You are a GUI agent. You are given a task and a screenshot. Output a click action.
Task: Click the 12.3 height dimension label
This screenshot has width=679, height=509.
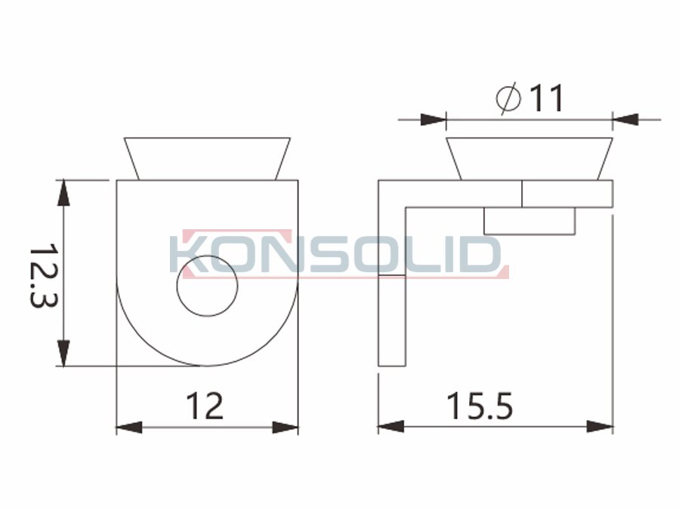click(x=43, y=275)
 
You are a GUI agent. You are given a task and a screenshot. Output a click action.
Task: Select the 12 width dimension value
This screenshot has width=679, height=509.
click(x=205, y=406)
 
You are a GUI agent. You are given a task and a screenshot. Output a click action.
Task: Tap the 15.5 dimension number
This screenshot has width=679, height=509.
click(x=479, y=406)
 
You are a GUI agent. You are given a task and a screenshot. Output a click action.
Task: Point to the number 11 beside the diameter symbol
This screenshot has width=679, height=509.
click(x=547, y=98)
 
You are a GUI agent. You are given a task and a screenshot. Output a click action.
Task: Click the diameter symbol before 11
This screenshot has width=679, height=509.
click(x=508, y=98)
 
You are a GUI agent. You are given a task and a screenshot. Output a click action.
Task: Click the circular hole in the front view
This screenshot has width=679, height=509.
click(x=207, y=286)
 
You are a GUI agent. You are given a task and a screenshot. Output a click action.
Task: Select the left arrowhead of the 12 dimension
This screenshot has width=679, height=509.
click(x=129, y=428)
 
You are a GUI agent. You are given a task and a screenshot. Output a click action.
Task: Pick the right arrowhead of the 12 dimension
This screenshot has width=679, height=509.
click(x=285, y=428)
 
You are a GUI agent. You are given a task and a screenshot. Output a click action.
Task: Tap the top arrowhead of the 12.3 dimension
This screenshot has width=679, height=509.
click(x=63, y=193)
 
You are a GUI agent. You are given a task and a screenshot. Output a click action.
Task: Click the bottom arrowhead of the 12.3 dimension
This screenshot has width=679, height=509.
click(x=63, y=354)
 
